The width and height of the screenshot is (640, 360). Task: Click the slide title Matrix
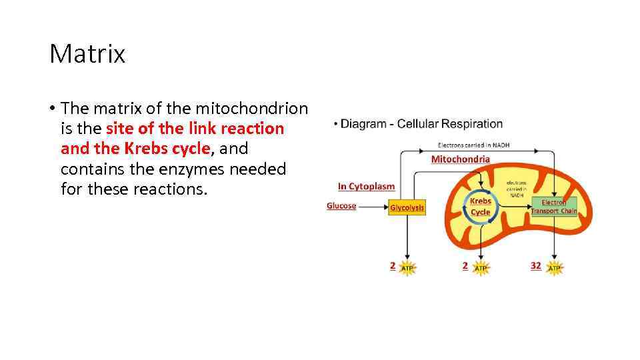click(x=87, y=54)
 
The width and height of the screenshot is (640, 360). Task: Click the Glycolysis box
click(x=407, y=208)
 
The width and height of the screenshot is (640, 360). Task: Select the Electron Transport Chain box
click(x=554, y=207)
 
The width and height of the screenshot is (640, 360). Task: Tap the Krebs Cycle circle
click(x=480, y=207)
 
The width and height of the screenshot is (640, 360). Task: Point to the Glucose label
click(x=341, y=206)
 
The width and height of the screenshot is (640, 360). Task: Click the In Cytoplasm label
click(x=366, y=187)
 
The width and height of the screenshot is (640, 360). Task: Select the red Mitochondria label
click(x=460, y=159)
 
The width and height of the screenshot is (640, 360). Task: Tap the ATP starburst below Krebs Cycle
click(x=481, y=267)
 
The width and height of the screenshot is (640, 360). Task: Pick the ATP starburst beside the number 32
click(x=555, y=267)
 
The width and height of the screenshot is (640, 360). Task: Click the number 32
click(x=536, y=265)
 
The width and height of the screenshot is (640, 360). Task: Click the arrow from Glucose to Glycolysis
click(x=373, y=207)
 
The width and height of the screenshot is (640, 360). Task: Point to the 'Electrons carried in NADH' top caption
click(x=473, y=145)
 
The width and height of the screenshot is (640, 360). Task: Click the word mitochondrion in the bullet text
click(x=267, y=108)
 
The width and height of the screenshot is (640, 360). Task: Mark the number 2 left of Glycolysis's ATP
click(x=393, y=265)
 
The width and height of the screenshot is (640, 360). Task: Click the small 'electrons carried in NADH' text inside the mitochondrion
click(x=516, y=189)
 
